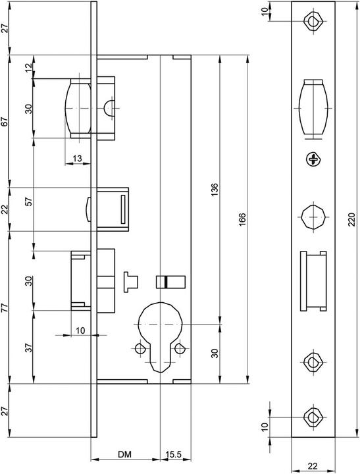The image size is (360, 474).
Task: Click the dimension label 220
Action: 351,219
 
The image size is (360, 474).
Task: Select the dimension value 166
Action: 242,219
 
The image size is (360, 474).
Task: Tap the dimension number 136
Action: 215,190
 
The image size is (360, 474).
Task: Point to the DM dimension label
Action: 124,454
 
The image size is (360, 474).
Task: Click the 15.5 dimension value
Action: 174,454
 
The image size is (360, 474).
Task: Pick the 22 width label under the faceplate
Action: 313,466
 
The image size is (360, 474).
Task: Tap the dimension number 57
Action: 28,202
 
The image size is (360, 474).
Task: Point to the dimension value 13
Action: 78,158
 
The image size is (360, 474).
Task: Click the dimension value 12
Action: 28,67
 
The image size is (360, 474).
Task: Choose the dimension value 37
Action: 28,348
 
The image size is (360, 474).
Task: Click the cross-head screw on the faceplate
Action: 313,159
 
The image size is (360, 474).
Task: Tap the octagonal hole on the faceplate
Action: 313,217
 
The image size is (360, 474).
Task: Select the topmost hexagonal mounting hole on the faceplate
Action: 313,21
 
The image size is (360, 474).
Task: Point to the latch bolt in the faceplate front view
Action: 313,108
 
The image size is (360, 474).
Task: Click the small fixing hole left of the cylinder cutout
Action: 140,348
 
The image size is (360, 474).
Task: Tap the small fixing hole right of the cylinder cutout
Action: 179,348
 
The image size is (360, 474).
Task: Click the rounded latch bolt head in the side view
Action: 78,108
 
